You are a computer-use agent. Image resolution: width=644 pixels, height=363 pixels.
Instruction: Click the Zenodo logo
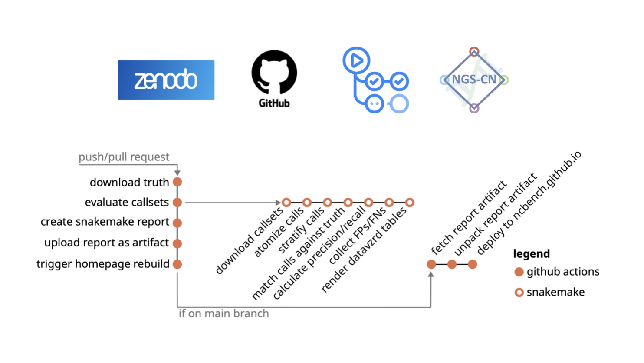point(166,80)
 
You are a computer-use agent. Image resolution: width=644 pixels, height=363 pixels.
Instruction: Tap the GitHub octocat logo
point(274,73)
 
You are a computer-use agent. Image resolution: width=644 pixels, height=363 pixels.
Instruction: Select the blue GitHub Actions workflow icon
point(375,80)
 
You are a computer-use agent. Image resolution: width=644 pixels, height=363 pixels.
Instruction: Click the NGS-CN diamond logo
point(474,80)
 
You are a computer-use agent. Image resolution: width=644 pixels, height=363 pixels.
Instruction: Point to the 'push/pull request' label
point(124,157)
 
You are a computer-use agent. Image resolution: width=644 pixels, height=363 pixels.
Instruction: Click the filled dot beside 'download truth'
point(177,182)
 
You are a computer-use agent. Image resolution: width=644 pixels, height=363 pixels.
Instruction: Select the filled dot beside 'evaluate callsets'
point(177,203)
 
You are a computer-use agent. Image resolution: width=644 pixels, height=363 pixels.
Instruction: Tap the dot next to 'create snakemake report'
point(177,223)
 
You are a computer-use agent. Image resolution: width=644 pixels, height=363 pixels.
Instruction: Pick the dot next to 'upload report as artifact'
point(177,243)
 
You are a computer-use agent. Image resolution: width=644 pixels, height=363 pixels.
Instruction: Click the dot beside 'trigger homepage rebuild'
point(177,264)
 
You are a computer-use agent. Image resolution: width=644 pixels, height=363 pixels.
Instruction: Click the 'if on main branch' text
point(224,313)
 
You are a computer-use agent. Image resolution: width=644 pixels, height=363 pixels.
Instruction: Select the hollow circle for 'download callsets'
point(286,203)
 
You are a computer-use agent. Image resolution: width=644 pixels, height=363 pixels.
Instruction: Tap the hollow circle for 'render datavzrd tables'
point(410,203)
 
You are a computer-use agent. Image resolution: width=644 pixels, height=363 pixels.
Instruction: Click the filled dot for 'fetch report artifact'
point(431,264)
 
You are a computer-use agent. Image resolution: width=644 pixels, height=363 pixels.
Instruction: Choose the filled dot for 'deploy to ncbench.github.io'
point(473,264)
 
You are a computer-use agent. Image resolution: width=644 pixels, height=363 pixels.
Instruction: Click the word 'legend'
point(531,254)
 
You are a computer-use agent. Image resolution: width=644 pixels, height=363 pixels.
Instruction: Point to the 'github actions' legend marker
point(519,272)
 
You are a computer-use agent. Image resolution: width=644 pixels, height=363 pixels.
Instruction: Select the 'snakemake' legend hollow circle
point(519,293)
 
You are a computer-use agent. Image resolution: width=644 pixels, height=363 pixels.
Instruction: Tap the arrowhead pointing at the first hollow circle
point(278,203)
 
